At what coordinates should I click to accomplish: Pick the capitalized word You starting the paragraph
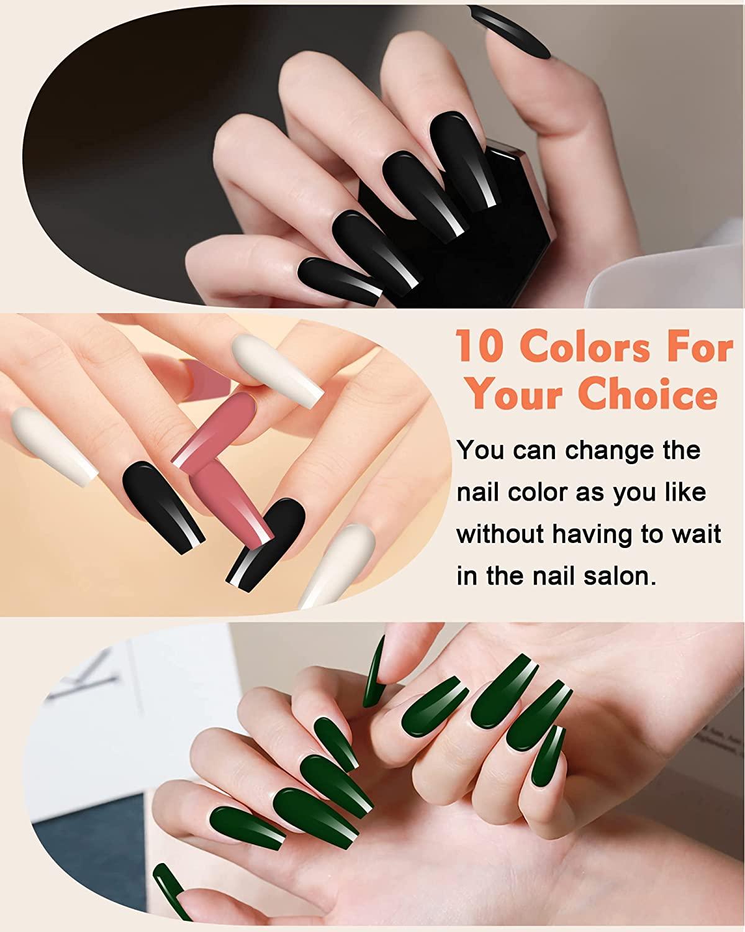(481, 450)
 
